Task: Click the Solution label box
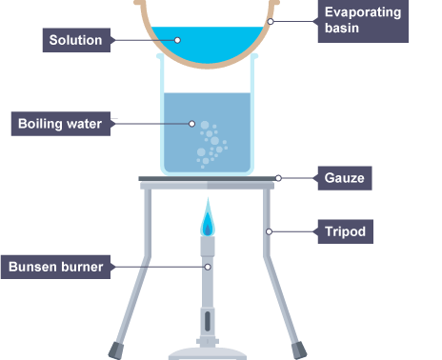[76, 40]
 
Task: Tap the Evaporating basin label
[363, 21]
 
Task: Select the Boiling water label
[61, 124]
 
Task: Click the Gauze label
[345, 178]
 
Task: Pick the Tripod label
[346, 231]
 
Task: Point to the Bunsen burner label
[55, 267]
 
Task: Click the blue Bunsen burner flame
[208, 217]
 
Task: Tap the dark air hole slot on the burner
[208, 321]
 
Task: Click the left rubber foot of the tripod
[115, 350]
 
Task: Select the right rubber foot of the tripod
[299, 350]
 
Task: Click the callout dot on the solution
[177, 40]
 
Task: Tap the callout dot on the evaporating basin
[271, 21]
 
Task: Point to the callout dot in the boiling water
[191, 124]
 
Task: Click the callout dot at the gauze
[278, 178]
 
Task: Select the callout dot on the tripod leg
[269, 231]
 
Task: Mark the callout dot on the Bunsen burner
[208, 267]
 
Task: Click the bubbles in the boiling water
[211, 144]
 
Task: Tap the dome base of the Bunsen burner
[208, 353]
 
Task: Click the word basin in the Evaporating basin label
[342, 29]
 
